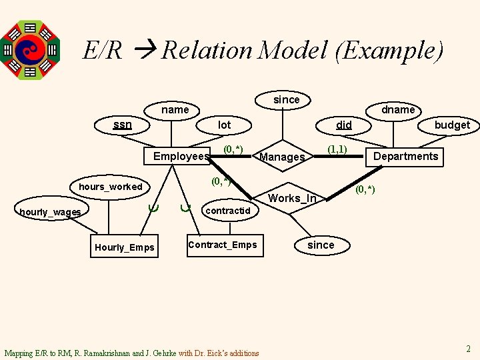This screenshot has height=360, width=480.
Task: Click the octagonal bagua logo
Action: pos(30,49)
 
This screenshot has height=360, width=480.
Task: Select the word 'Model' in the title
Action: pos(293,50)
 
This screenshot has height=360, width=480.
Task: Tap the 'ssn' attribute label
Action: pos(123,124)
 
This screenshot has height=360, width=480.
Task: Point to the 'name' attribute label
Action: pos(175,109)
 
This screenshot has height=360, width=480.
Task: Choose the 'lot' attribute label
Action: pos(225,125)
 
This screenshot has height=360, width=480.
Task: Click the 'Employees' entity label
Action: pos(181,156)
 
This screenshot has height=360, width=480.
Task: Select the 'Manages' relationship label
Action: pos(281,157)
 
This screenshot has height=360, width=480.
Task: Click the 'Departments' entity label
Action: pos(405,156)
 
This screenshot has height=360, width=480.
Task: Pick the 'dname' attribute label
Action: pos(397,109)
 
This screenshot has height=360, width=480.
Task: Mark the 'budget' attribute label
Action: pos(452,125)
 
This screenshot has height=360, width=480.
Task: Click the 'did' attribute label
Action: pos(344,125)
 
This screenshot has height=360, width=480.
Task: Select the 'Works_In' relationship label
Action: pos(292,198)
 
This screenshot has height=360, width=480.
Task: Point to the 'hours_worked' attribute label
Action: pos(111,187)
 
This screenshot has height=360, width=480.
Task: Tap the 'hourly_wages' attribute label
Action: pos(51,212)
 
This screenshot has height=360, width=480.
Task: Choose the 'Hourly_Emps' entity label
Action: pos(125,247)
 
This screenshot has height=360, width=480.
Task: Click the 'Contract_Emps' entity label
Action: pos(222,245)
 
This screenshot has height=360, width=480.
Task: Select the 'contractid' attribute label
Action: pos(228,211)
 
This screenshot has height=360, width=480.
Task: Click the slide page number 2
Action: pos(468,348)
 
